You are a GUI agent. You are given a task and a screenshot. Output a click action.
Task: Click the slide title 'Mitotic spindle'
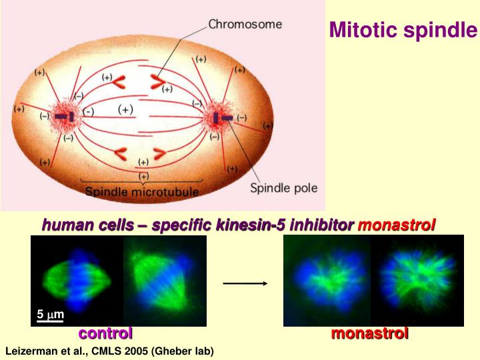403,30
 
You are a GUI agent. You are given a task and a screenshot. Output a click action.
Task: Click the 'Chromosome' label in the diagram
245,24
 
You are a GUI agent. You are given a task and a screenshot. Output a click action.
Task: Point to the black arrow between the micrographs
245,283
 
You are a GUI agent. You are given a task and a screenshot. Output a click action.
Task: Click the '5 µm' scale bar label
50,314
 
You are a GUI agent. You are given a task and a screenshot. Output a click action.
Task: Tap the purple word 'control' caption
105,333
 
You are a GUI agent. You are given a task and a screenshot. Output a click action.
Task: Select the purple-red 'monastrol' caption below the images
370,333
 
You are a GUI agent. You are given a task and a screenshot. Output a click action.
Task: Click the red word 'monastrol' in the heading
397,225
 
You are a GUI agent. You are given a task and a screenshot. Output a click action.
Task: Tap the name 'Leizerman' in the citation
29,351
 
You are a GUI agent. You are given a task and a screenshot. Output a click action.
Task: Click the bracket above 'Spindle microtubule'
141,181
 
